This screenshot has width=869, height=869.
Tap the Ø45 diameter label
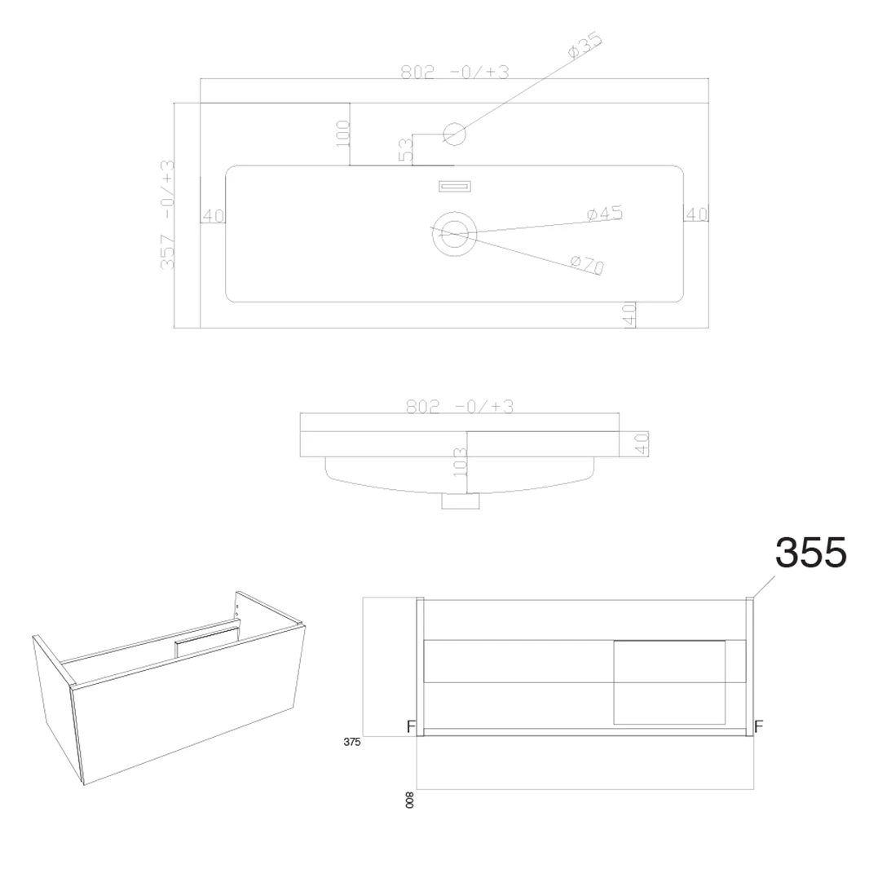605,214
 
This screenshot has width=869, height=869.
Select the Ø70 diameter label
587,264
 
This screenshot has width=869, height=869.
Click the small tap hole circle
454,134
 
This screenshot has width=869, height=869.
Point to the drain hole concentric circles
454,234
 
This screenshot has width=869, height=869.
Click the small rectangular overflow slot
455,187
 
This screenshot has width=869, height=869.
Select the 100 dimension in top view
342,132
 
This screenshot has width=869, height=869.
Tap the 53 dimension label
406,149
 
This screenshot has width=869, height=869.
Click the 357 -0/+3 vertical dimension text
168,214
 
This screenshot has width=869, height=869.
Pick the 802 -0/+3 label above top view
454,72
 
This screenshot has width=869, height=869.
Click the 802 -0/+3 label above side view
460,407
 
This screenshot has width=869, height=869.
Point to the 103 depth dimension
460,462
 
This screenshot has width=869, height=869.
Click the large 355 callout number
810,553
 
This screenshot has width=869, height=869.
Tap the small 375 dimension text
351,742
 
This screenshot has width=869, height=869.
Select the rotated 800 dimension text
409,800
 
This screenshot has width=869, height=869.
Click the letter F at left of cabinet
411,726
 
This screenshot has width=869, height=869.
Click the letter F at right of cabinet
758,726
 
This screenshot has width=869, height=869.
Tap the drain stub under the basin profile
460,501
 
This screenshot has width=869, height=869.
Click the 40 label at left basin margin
213,216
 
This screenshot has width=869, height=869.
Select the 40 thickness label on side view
642,443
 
